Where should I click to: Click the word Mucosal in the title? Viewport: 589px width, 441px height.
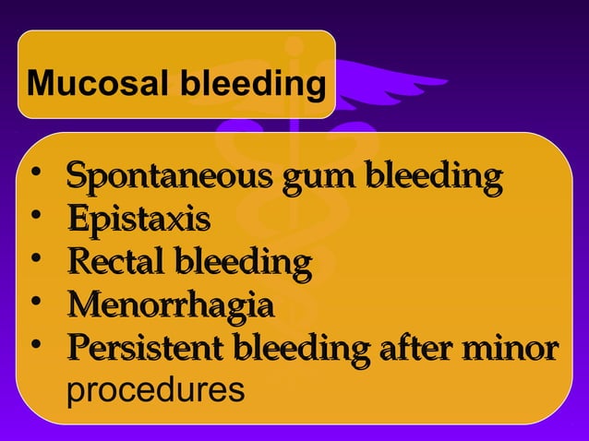point(81,86)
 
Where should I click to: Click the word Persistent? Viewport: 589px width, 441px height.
point(146,351)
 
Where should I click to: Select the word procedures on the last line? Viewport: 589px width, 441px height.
point(156,390)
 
